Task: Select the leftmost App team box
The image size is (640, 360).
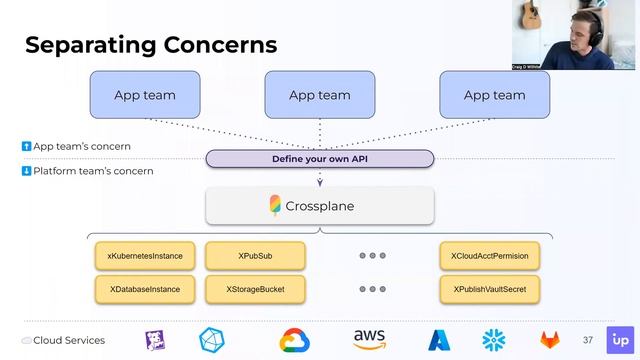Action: coord(145,95)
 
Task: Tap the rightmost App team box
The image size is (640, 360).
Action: coord(494,95)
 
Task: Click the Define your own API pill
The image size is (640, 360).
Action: coord(320,159)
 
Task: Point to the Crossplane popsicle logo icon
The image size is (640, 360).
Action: coord(275,206)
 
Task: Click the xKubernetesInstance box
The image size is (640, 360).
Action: coord(145,256)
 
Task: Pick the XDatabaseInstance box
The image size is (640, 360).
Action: coord(145,289)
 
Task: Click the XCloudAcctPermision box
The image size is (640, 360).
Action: coord(490,256)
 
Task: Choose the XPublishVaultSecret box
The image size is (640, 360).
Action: coord(490,289)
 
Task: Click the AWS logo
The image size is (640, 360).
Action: coord(369,340)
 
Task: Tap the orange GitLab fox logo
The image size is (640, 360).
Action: coord(552,341)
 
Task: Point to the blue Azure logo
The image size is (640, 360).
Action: coord(440,341)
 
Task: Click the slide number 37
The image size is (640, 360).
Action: coord(588,341)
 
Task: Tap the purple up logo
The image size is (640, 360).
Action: coord(619,340)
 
